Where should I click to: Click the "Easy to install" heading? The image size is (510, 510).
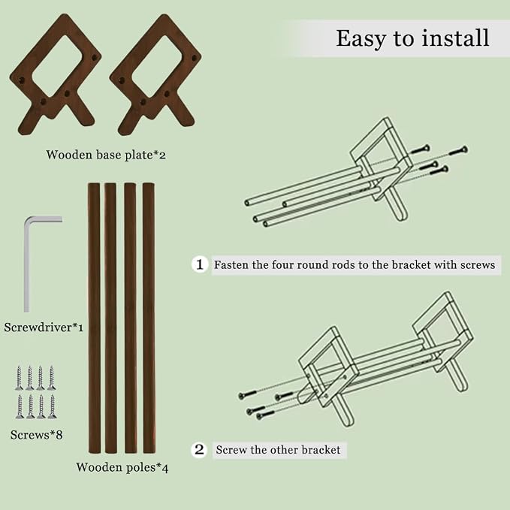(x=412, y=39)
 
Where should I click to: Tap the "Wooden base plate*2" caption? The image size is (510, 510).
(x=106, y=155)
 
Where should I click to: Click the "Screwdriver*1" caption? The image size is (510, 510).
(x=44, y=327)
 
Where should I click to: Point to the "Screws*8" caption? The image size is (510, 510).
(x=36, y=435)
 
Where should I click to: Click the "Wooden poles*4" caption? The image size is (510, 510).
(x=122, y=467)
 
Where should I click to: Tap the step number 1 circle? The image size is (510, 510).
(x=199, y=264)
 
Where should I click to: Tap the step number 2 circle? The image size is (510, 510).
(x=199, y=449)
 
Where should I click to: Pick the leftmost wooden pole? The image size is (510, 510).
(x=94, y=318)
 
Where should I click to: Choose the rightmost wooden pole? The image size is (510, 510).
(x=149, y=318)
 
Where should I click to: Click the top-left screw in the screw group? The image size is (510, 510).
(x=20, y=378)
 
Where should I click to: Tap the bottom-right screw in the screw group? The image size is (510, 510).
(x=52, y=406)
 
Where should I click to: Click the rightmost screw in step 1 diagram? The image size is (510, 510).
(x=459, y=150)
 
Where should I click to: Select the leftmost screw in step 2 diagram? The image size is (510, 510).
(x=248, y=395)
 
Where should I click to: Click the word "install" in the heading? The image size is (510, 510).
(x=455, y=38)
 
